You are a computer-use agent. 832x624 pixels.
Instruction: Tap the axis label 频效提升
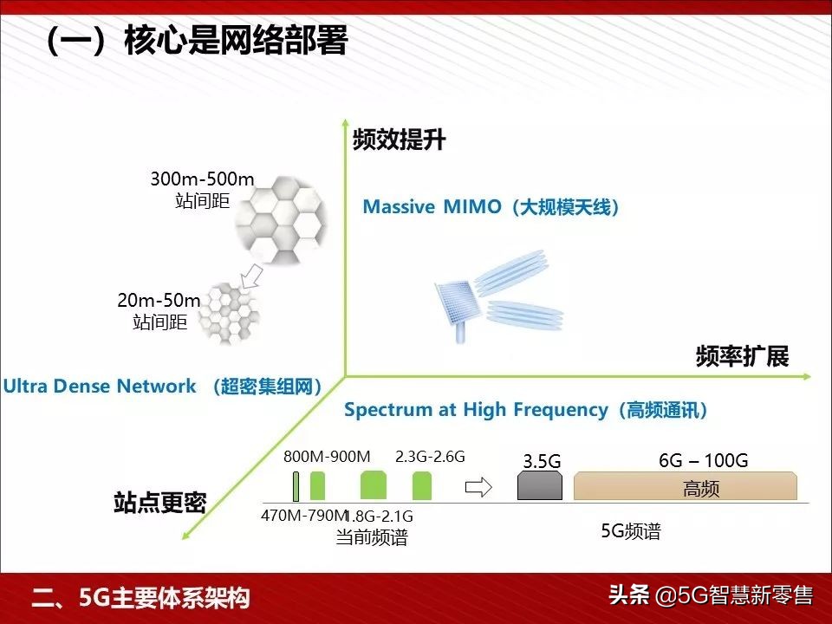point(399,140)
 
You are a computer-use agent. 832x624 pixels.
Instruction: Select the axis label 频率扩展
point(742,356)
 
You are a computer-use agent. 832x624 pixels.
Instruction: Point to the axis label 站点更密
point(159,502)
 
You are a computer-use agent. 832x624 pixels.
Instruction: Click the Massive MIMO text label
point(491,207)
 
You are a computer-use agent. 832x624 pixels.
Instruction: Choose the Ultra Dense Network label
point(162,387)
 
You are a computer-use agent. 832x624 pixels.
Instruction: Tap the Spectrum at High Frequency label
point(525,410)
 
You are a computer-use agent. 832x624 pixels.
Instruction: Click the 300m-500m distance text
point(202,179)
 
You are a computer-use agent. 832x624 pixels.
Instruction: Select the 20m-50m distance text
point(159,301)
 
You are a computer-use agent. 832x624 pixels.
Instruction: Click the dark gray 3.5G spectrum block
point(540,486)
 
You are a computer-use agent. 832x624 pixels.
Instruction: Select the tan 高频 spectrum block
point(685,487)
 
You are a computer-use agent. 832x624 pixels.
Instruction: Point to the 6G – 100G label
point(703,460)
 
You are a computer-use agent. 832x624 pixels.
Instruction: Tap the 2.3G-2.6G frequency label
point(430,457)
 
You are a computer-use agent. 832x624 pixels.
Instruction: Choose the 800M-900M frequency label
point(327,457)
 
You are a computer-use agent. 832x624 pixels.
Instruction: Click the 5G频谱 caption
point(631,531)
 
